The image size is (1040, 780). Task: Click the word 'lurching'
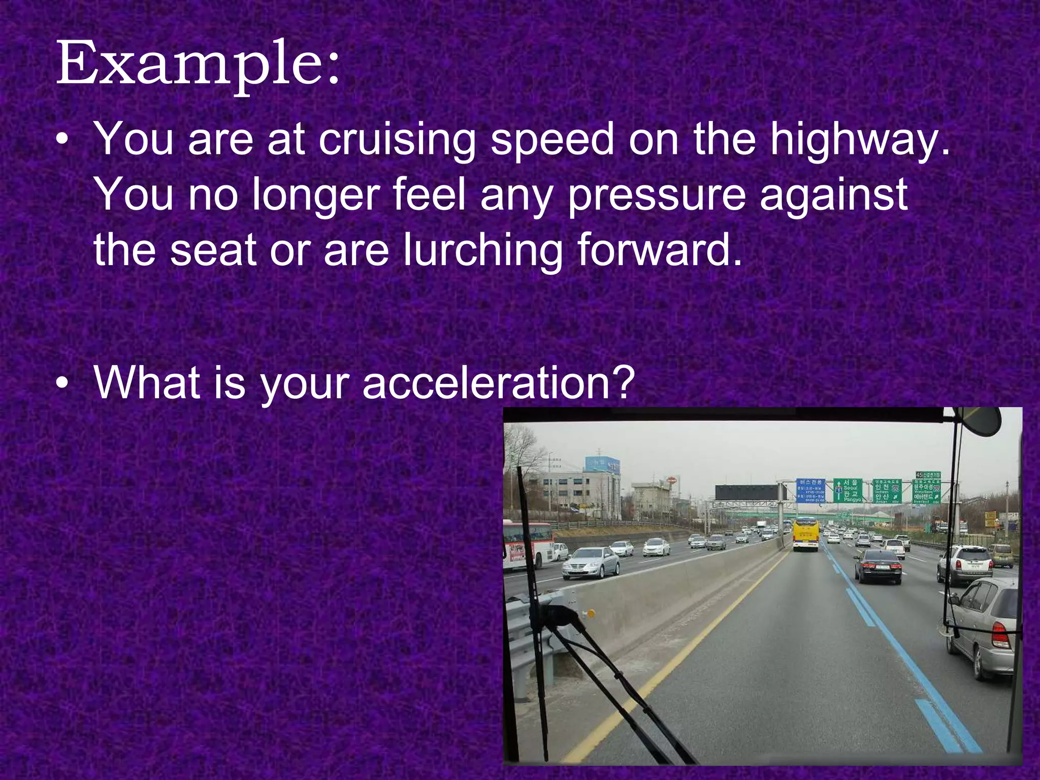pyautogui.click(x=482, y=250)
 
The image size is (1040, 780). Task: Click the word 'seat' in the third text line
pyautogui.click(x=213, y=250)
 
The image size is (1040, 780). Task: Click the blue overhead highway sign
pyautogui.click(x=810, y=491)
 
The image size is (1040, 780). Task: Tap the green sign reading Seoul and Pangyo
pyautogui.click(x=848, y=491)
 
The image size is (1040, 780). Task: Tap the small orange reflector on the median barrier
pyautogui.click(x=590, y=614)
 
